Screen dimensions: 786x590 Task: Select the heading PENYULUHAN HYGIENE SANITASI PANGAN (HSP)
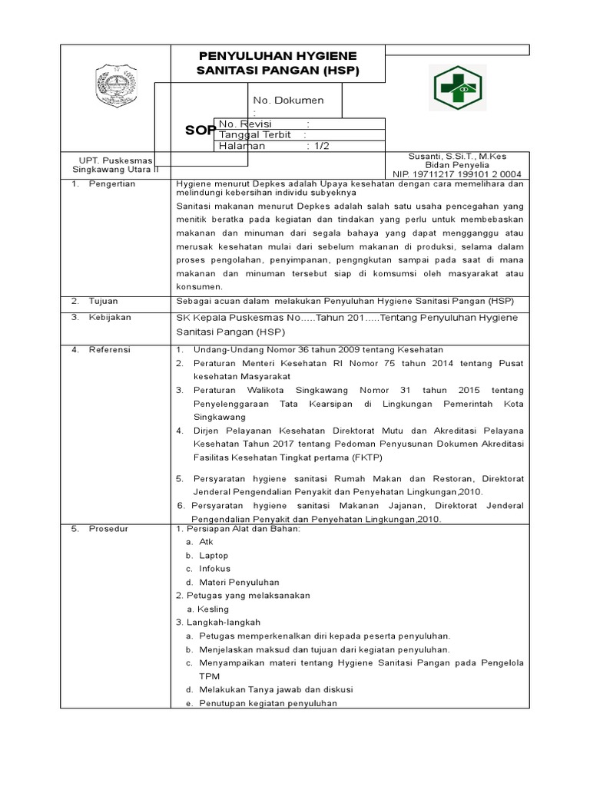[x=279, y=63]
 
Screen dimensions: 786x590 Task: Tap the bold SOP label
[x=199, y=130]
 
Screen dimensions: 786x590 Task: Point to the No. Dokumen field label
[x=288, y=101]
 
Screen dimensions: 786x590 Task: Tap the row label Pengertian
[x=111, y=184]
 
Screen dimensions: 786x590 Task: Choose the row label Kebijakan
[x=110, y=317]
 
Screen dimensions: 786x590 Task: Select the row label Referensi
[x=110, y=349]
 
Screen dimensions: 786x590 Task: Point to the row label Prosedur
[x=108, y=529]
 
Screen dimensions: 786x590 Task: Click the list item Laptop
[x=214, y=555]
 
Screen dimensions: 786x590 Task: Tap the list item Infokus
[x=214, y=569]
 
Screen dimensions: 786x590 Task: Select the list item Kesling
[x=213, y=609]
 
